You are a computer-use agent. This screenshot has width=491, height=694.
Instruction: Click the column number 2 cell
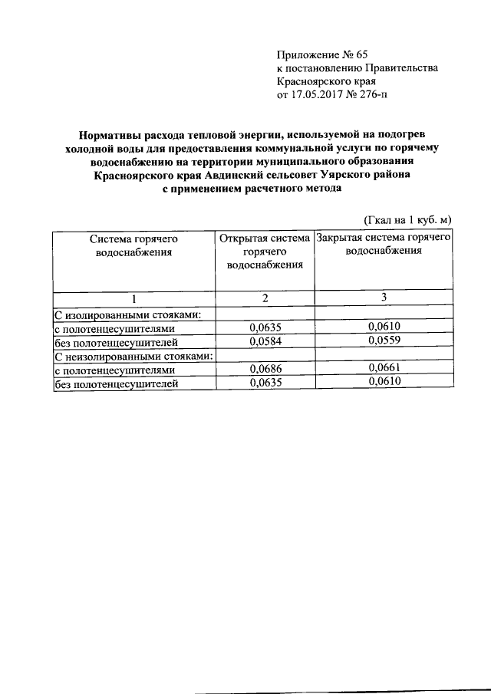click(x=264, y=298)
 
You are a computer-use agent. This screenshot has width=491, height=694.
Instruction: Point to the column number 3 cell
click(x=384, y=298)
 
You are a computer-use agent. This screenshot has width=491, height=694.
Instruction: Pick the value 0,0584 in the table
click(x=264, y=341)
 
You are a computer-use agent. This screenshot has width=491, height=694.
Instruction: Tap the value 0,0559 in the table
click(x=384, y=341)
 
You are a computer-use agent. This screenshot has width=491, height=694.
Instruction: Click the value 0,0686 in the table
click(x=264, y=369)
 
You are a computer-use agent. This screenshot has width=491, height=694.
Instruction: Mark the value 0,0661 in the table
click(x=384, y=369)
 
